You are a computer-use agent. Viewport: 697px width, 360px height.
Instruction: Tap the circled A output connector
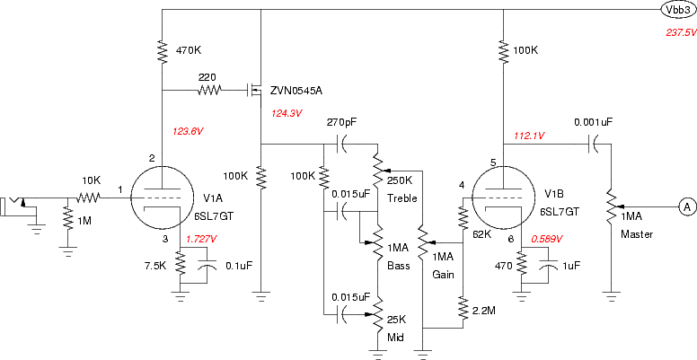[687, 206]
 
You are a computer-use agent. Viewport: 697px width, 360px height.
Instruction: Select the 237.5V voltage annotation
[681, 32]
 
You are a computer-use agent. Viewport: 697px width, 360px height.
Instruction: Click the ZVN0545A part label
[296, 91]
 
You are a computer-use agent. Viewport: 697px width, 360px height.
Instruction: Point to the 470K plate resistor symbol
[163, 51]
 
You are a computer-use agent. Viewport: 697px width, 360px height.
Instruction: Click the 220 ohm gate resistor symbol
[209, 91]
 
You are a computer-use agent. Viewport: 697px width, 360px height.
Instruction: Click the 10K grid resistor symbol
[89, 198]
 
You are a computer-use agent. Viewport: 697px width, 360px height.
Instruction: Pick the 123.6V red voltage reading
[187, 131]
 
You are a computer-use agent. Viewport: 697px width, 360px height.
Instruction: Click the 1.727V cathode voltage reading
[202, 239]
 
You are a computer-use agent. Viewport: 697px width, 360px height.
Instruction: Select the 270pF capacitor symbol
[341, 145]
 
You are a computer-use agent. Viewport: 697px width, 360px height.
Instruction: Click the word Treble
[402, 198]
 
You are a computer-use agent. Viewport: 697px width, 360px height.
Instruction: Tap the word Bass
[398, 267]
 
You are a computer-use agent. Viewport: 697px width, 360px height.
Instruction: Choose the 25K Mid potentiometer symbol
[377, 315]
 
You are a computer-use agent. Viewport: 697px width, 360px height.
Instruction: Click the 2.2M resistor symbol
[463, 309]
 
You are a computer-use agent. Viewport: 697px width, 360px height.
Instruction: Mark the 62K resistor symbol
[463, 218]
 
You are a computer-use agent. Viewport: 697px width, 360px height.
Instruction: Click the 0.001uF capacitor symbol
[594, 145]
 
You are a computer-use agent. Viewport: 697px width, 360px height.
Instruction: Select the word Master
[637, 233]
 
